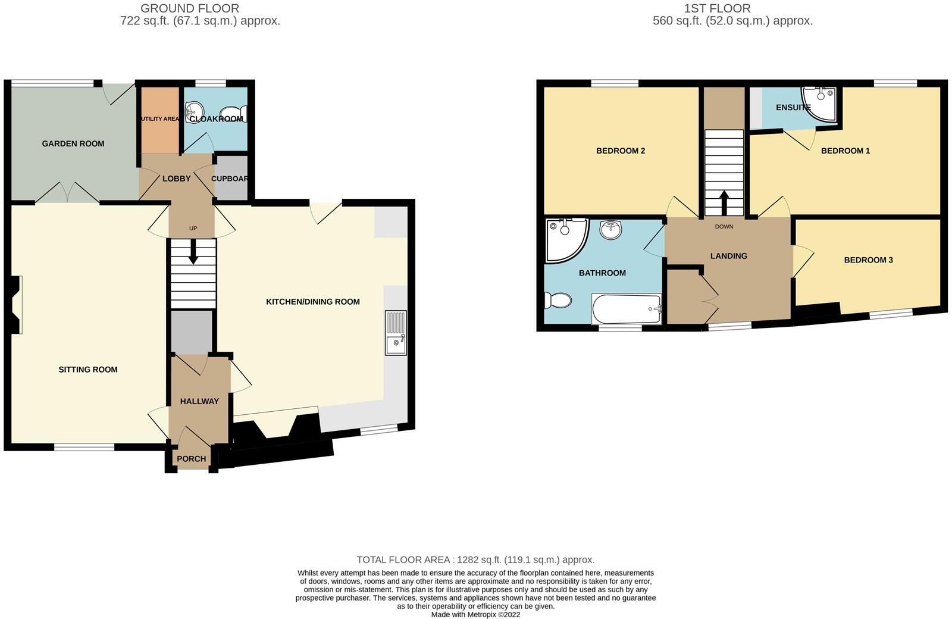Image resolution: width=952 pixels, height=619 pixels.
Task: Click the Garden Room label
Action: tap(73, 143)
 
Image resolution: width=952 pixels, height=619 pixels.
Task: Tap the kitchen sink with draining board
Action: tap(396, 333)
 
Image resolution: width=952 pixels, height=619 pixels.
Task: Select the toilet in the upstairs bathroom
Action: tap(558, 300)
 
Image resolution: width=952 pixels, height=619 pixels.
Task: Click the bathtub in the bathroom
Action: tap(626, 309)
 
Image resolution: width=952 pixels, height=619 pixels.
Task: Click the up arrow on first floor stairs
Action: tap(724, 202)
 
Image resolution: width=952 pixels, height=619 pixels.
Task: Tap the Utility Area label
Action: tap(159, 119)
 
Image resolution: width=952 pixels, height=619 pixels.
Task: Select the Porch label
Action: tap(192, 459)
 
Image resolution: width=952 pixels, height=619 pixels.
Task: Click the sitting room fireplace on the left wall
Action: tap(17, 305)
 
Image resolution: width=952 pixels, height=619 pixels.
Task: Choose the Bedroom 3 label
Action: tap(868, 260)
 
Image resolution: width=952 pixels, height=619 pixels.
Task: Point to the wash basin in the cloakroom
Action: tap(194, 110)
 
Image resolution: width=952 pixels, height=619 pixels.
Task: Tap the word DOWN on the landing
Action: tap(724, 227)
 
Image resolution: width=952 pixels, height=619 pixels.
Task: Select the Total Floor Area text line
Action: tap(475, 559)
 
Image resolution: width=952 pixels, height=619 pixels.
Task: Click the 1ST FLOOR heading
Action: tap(717, 8)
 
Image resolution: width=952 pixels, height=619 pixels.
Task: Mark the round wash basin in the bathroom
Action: tap(610, 229)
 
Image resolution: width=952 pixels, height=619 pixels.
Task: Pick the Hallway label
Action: tap(199, 401)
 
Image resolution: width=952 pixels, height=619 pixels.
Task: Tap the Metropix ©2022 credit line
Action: tap(475, 614)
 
